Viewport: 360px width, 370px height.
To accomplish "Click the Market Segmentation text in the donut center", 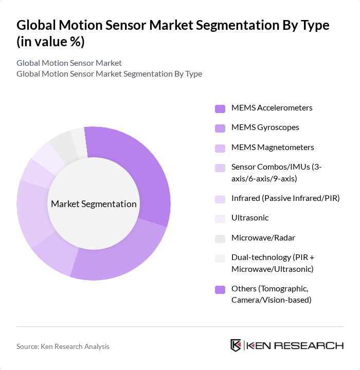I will pos(94,204).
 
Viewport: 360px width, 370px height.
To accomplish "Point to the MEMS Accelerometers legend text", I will pos(272,108).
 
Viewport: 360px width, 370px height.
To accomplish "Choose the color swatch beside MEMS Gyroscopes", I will pos(220,128).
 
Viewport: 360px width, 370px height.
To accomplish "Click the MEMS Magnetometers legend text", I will pos(273,147).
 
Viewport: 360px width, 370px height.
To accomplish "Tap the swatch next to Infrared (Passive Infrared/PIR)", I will pos(220,199).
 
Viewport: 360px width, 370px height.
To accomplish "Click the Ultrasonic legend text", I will pos(250,218).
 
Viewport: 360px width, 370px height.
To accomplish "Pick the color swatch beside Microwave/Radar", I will pos(220,238).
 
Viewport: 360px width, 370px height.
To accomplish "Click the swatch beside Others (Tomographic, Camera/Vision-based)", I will pos(220,289).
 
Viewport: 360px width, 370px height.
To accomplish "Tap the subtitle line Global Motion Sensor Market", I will pos(69,63).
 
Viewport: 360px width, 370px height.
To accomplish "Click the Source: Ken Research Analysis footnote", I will pos(63,346).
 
